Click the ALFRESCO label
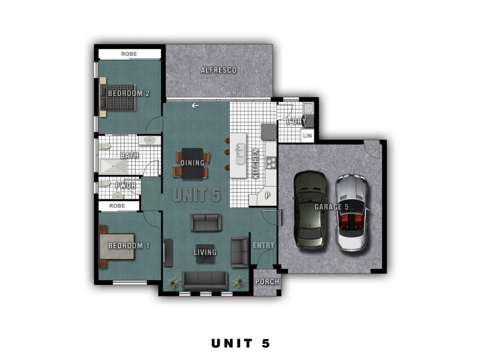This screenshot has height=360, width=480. [x=218, y=70]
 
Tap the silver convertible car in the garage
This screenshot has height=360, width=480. [x=352, y=213]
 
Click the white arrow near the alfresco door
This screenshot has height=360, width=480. [x=196, y=106]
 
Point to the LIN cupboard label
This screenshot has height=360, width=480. [x=307, y=136]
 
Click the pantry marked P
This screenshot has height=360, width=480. [x=267, y=196]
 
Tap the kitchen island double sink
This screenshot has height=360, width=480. [x=241, y=154]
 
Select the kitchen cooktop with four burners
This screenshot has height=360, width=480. [x=271, y=163]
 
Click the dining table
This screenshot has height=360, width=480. [x=192, y=163]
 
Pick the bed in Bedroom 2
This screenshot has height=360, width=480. [x=118, y=97]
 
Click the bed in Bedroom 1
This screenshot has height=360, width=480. [x=117, y=247]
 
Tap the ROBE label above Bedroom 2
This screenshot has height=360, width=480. [x=129, y=54]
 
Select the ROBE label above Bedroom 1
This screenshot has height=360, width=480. [x=117, y=206]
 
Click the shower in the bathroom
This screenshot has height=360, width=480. [x=113, y=167]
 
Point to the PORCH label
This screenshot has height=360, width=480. [x=267, y=281]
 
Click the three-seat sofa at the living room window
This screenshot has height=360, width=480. [x=205, y=280]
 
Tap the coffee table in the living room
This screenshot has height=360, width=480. [x=205, y=253]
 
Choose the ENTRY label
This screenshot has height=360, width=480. [x=263, y=245]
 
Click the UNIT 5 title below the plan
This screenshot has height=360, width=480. [x=241, y=343]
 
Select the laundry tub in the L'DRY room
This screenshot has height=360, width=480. [x=308, y=109]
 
